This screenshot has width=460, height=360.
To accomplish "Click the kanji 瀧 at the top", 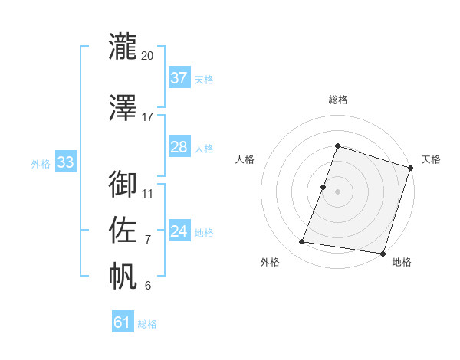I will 123,45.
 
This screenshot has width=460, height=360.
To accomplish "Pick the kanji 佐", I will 123,228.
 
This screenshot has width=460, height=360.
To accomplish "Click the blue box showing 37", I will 179,78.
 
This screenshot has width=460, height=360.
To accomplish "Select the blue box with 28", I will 179,147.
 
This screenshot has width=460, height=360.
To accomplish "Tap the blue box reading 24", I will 179,231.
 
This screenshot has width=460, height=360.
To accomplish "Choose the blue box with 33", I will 64,162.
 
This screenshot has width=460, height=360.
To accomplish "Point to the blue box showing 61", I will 122,322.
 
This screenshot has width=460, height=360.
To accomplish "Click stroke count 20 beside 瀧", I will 148,56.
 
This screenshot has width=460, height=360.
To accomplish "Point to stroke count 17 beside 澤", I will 148,117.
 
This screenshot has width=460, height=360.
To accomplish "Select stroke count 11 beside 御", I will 148,193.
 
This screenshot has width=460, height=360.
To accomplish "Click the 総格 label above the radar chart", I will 337,100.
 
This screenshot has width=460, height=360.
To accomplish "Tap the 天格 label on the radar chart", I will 431,159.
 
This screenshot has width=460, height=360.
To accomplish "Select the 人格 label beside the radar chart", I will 245,159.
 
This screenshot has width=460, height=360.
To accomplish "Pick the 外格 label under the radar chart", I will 270,263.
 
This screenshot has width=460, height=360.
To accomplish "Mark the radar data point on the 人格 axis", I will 324,187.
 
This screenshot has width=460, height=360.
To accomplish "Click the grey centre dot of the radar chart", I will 337,191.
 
